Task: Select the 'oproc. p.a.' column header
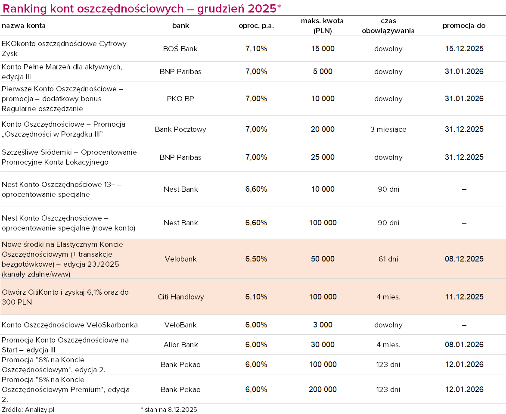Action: point(256,25)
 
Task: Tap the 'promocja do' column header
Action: point(464,25)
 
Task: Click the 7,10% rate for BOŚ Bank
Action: point(256,49)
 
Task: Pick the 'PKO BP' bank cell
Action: point(180,99)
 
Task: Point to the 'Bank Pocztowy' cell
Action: point(180,129)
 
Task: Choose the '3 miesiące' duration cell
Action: point(388,129)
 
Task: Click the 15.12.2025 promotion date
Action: point(464,49)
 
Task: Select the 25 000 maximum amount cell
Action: point(323,157)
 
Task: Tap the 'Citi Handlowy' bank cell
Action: point(180,297)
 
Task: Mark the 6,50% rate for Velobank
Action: point(256,259)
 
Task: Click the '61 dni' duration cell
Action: point(388,259)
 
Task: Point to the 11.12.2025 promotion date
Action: point(464,297)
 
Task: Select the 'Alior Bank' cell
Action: point(180,345)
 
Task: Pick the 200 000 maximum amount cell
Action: point(323,389)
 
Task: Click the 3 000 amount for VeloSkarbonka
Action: point(323,325)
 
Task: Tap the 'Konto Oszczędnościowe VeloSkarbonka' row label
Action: point(70,325)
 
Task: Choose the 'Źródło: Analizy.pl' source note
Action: point(28,410)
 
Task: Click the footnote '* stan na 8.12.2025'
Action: point(169,410)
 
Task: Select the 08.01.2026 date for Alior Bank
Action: point(464,345)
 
